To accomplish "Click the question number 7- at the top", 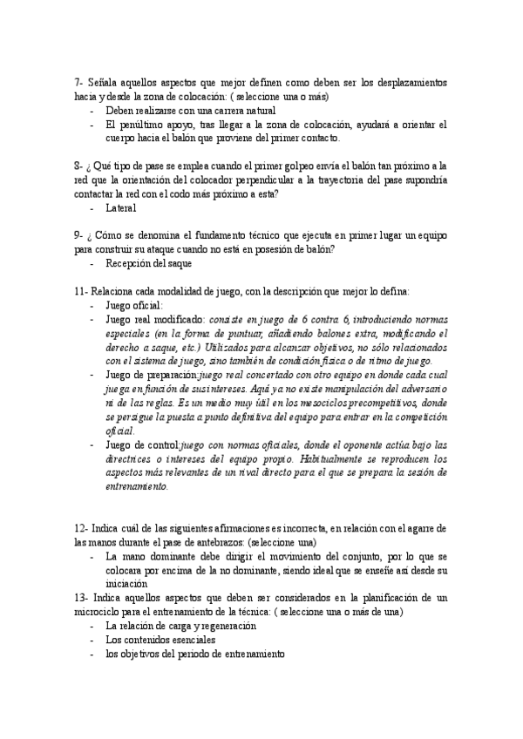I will pos(79,82).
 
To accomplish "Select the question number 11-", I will pos(83,290).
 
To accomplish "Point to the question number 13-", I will pos(83,598).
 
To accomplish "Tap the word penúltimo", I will pos(142,125).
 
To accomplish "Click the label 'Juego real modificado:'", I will pos(155,319).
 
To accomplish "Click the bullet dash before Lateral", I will pos(92,208).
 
